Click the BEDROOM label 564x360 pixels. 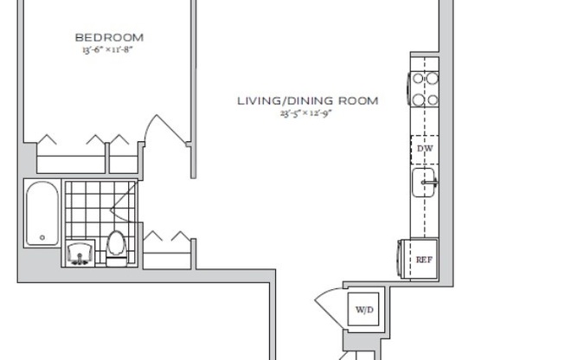point(109,37)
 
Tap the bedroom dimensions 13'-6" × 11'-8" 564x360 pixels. point(109,49)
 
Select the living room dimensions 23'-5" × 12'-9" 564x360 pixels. point(306,113)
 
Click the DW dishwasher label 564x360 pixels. point(424,149)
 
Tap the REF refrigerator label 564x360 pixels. point(423,259)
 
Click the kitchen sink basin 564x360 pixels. point(423,184)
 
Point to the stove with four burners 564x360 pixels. point(424,89)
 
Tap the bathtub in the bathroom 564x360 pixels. point(41,213)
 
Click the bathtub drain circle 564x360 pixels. point(41,237)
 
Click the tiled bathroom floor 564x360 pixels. point(91,212)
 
